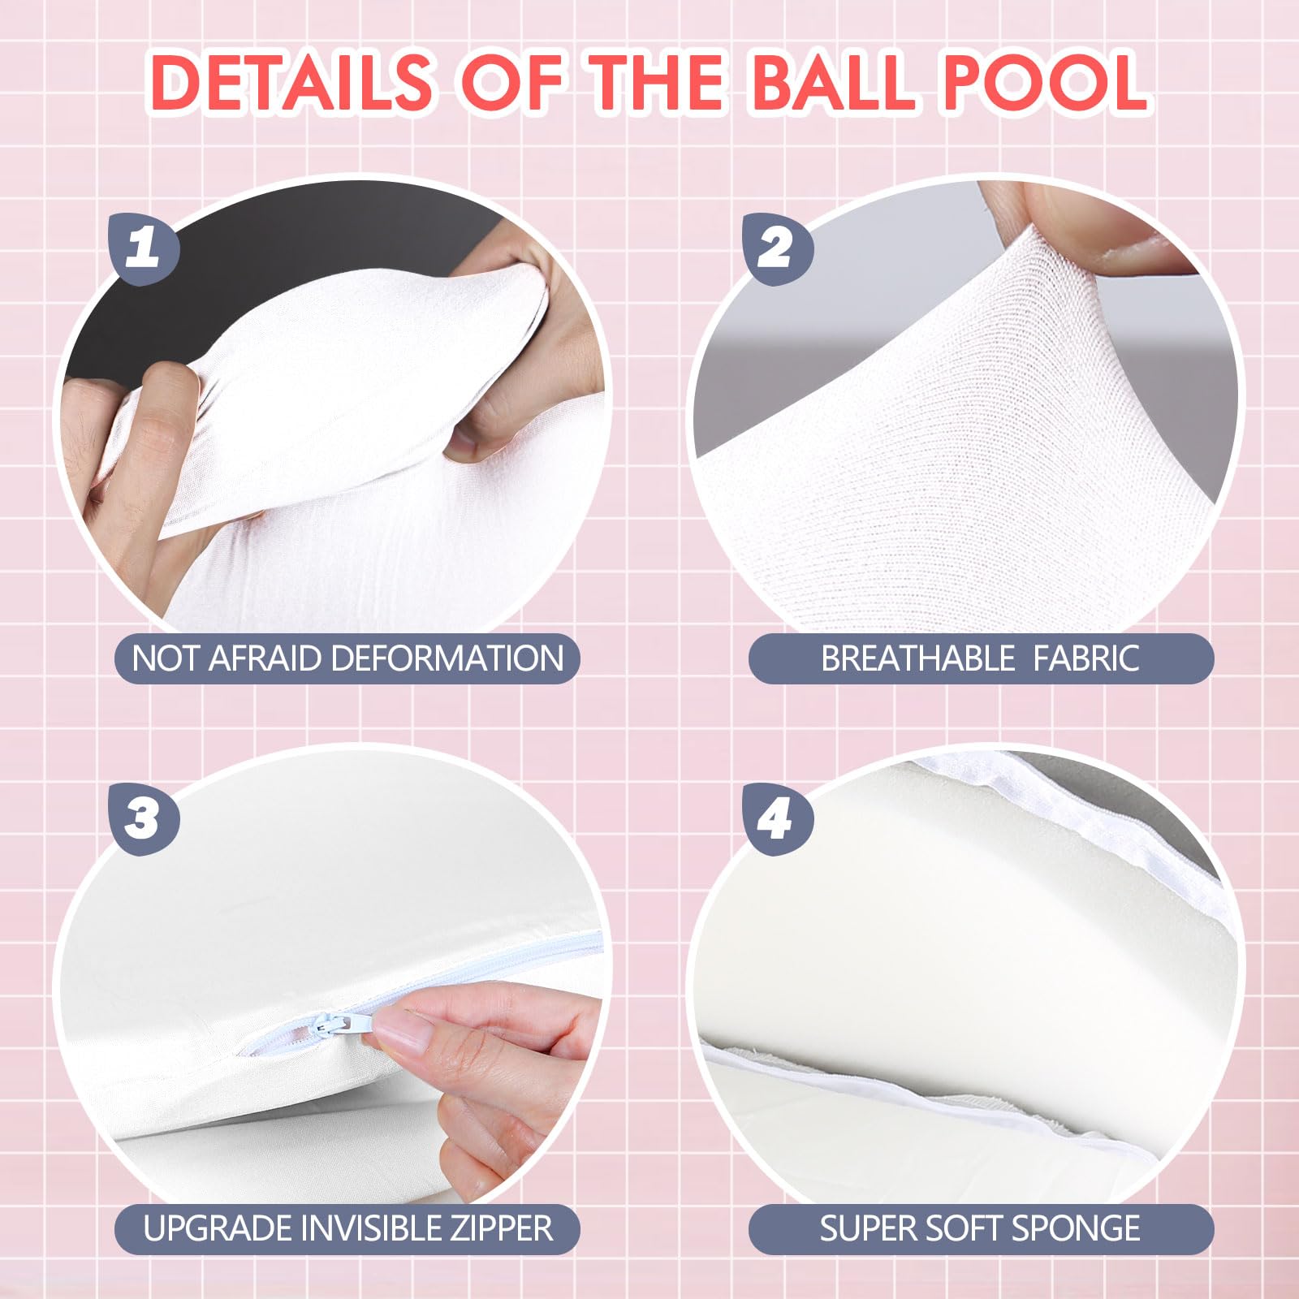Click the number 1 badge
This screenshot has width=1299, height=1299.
(144, 247)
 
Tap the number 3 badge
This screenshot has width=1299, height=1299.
(144, 818)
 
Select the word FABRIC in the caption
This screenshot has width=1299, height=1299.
(1086, 658)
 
